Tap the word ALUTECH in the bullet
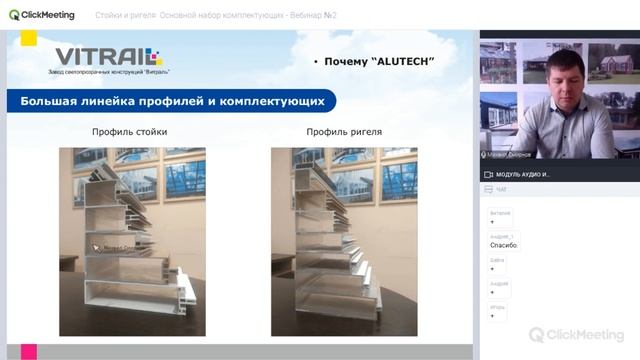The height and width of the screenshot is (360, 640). (x=403, y=62)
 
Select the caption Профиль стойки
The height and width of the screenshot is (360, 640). (x=129, y=131)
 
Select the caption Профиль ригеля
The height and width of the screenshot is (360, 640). (x=344, y=131)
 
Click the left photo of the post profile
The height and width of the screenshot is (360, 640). (x=132, y=241)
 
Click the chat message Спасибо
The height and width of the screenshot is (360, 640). (x=503, y=245)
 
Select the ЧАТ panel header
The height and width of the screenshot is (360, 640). (x=501, y=189)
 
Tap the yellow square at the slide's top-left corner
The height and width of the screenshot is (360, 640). (x=28, y=38)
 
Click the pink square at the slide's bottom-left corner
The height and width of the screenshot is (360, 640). (x=29, y=352)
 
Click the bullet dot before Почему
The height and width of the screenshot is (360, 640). (x=316, y=63)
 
